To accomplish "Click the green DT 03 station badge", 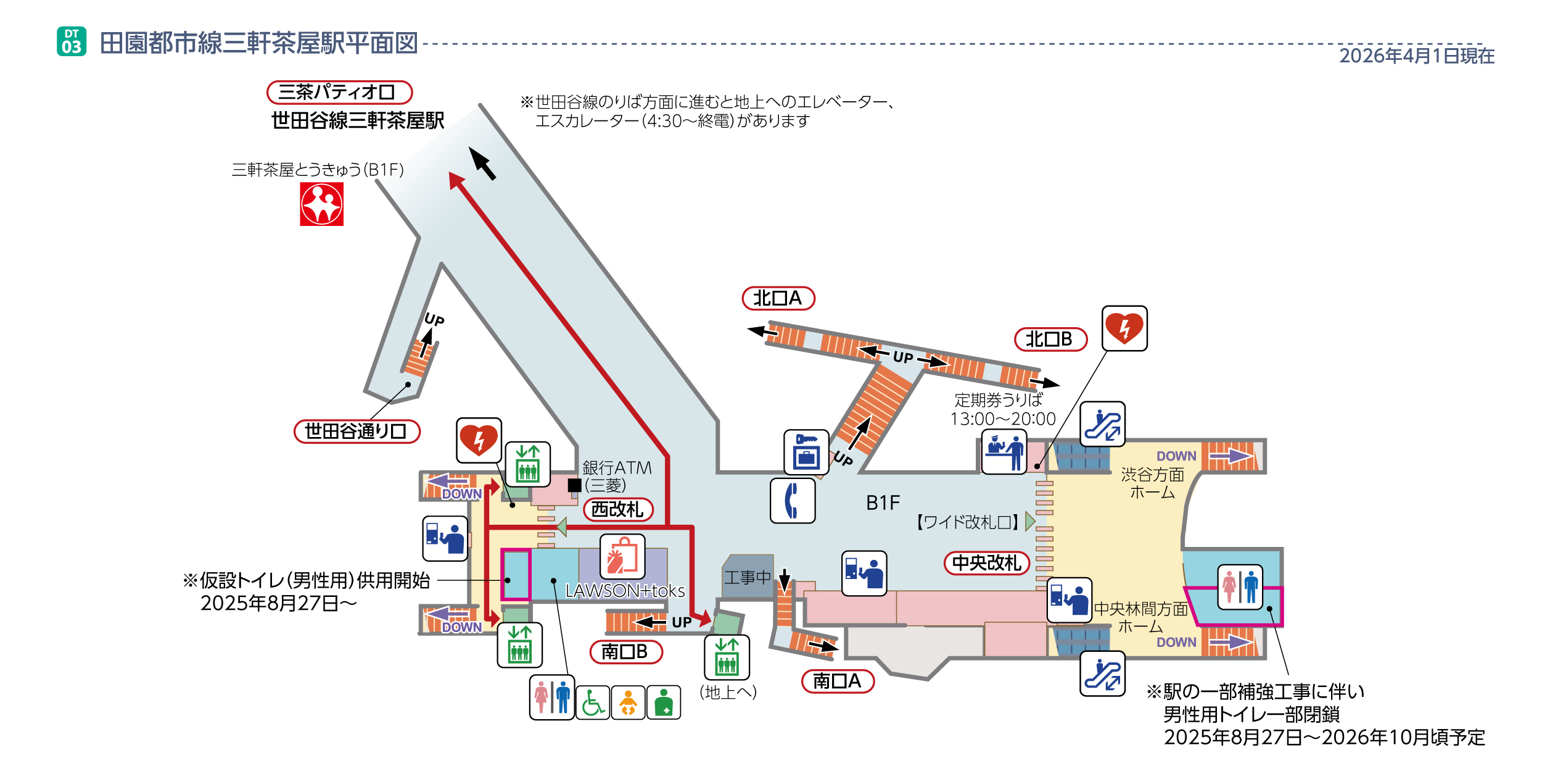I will coord(72,41).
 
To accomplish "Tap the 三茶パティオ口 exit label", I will coord(339,93).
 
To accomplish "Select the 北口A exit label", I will coord(778,299).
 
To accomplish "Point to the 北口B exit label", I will coord(1050,340).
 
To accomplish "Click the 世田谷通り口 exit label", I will coord(357,431).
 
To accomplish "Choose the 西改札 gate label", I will coord(617,509).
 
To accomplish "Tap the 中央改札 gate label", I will coord(986,563).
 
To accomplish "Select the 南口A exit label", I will coord(837,681).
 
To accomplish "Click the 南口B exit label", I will coord(625,652).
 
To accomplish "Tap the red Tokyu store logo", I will coord(321,204).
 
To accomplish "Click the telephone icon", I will coord(793,501).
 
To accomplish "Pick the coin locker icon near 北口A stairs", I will coord(806,452).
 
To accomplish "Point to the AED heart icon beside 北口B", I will coord(1124,328).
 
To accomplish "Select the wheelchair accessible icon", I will coord(593,702).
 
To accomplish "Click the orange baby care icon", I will coord(628,702).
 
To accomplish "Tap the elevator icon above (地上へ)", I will coord(727,657).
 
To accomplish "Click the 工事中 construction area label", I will coord(748,577).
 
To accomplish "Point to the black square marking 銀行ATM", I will coord(574,485).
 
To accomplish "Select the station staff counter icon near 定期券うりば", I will coord(1004,452).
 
